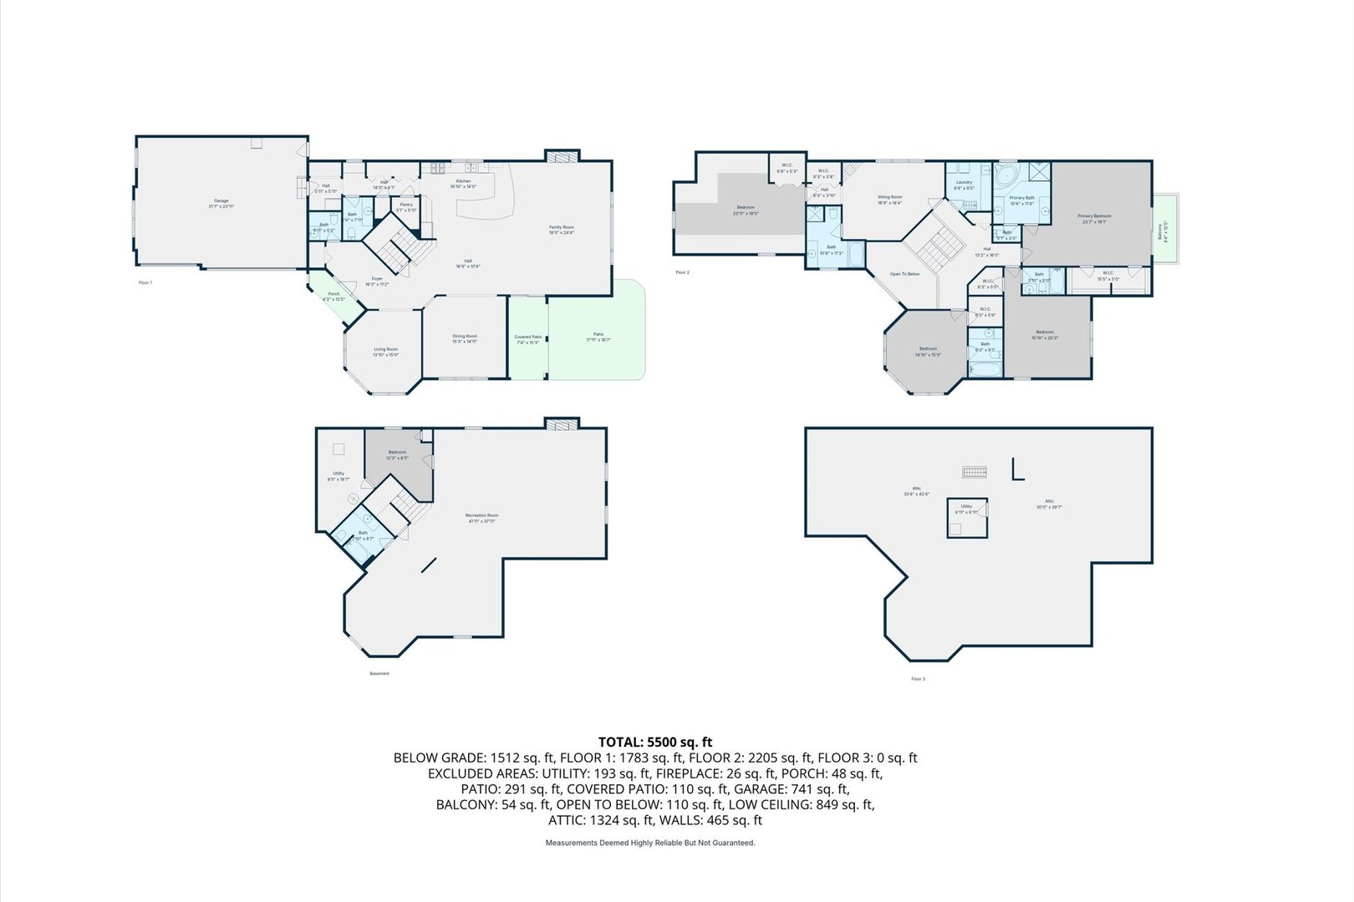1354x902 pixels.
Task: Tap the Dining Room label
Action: coord(465,338)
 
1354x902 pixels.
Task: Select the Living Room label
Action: coord(385,352)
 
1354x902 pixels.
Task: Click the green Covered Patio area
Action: coord(528,339)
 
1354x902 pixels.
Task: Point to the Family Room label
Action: coord(561,230)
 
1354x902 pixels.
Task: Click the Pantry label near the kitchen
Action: coord(406,206)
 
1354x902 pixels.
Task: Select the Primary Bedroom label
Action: coord(1094,218)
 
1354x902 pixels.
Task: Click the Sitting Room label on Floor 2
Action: coord(889,200)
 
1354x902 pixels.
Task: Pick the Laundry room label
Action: coord(964,185)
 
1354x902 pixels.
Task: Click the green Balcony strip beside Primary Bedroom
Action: coord(1165,231)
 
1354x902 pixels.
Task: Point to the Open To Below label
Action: coord(904,274)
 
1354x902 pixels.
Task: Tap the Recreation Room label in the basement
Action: coord(481,518)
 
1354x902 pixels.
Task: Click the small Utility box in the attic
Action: coord(967,517)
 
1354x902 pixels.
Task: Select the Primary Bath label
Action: coord(1021,200)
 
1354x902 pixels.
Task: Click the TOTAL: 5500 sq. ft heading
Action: coord(655,742)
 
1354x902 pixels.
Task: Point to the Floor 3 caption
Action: coord(918,679)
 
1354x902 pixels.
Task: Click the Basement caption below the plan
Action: coord(379,673)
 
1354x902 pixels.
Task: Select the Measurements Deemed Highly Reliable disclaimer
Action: coord(650,844)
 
